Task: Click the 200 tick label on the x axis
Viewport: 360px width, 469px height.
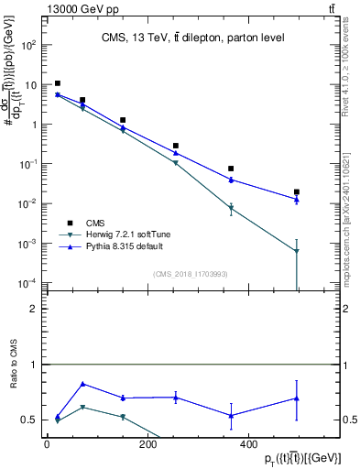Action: [147, 444]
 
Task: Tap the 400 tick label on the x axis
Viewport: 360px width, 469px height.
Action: [246, 444]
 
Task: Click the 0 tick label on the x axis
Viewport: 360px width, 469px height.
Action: [47, 444]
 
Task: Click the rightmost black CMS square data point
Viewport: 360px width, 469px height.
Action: [297, 192]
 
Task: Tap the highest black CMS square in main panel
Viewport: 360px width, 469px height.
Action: [58, 83]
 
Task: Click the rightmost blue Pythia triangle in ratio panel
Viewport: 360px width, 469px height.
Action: [297, 398]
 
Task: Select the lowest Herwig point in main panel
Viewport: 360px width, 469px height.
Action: [297, 251]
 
